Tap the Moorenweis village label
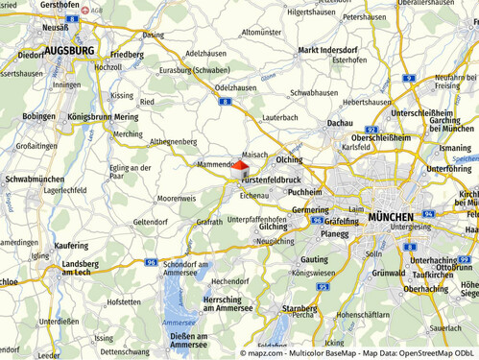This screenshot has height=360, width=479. (176, 198)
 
